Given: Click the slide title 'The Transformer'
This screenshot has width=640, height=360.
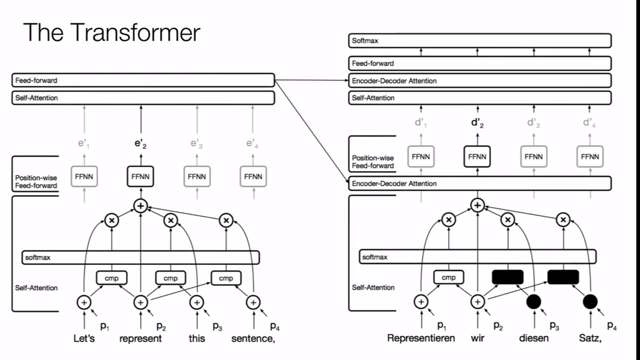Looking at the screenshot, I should [x=112, y=32].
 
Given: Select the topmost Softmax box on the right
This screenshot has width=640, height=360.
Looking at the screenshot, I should [x=480, y=41].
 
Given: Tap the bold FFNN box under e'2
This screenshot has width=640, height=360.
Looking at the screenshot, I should [x=140, y=176].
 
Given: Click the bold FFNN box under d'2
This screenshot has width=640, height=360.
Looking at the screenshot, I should [x=477, y=157].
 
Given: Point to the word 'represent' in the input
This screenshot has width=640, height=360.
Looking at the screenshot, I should [x=140, y=338].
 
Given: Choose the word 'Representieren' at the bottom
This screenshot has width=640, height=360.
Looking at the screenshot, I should [x=421, y=338].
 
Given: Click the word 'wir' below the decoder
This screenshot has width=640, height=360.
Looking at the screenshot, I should [x=477, y=338].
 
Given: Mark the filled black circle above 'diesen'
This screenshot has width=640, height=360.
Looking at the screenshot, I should [x=533, y=302].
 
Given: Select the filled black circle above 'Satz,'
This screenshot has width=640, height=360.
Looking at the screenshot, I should [x=590, y=302].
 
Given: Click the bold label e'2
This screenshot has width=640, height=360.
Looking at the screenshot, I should [x=140, y=144].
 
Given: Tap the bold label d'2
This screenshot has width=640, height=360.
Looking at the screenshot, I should [x=477, y=123].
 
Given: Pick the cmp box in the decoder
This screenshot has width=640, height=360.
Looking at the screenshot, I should [x=448, y=277].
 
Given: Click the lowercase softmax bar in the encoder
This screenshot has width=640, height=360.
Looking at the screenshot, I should [x=141, y=257].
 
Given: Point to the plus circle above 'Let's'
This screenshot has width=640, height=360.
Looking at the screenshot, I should [x=84, y=303].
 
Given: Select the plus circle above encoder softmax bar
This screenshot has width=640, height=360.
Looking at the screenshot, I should [x=140, y=206].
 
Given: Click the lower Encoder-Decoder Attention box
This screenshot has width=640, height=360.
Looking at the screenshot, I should [x=480, y=184].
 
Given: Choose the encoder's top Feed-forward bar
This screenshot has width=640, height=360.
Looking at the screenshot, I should [x=143, y=80].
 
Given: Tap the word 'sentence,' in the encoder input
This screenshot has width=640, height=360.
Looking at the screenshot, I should [x=253, y=338].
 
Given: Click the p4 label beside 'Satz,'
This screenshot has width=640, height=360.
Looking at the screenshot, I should [x=612, y=325].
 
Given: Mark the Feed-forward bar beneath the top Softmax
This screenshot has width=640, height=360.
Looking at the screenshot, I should [x=480, y=63].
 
